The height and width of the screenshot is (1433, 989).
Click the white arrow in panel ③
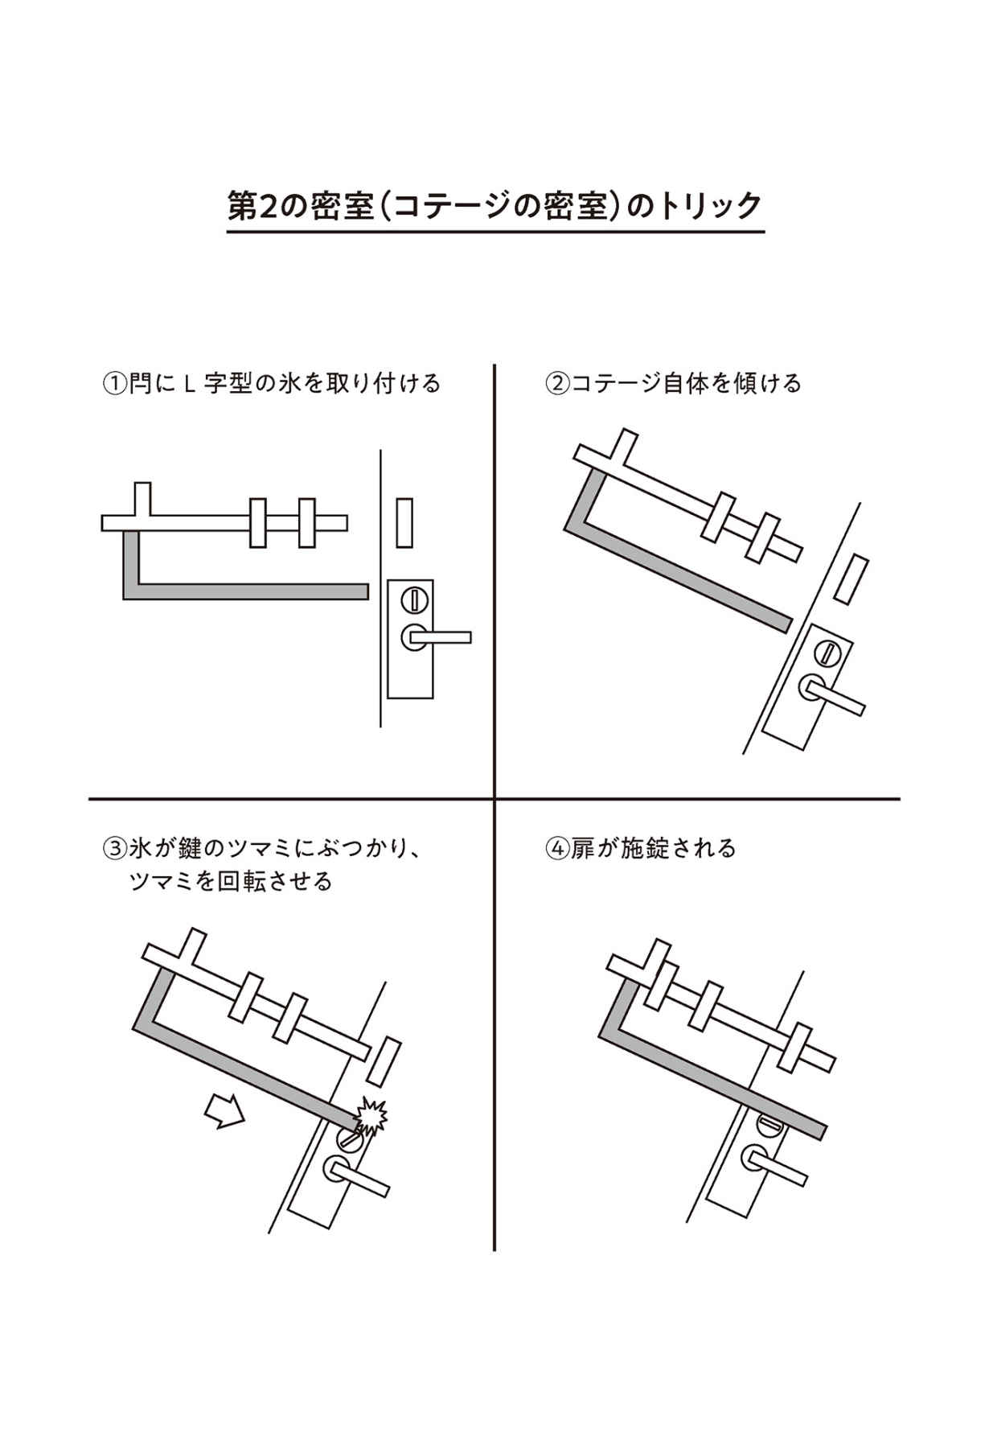click(x=224, y=1110)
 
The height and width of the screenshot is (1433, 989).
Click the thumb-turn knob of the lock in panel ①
click(x=414, y=600)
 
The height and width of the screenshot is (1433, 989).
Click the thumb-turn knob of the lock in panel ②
click(x=826, y=651)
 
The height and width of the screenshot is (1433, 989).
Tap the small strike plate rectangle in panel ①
click(x=404, y=522)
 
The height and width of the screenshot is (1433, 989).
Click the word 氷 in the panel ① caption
click(x=289, y=383)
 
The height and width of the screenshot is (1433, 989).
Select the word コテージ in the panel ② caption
click(x=617, y=383)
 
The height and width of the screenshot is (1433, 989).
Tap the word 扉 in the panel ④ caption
click(x=582, y=848)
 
